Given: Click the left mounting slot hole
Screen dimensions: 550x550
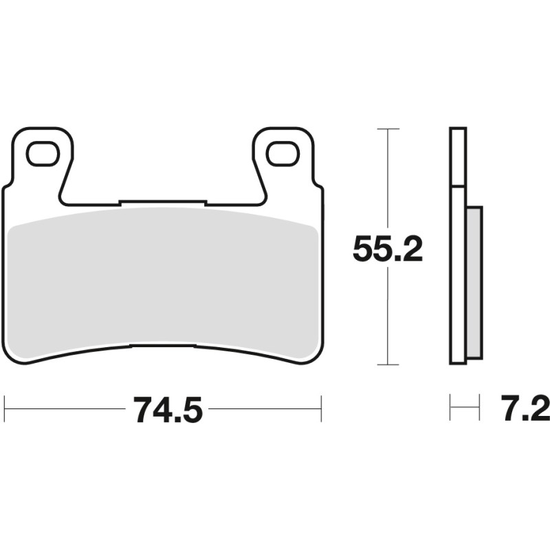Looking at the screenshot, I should coord(43,153).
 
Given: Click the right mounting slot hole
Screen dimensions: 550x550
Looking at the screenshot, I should coord(283,153).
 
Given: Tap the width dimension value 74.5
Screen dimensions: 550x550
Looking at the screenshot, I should coord(168,410).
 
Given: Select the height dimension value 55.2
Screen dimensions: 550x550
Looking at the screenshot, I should coord(387,249).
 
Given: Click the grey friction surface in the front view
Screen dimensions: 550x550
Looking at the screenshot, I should coord(163,282).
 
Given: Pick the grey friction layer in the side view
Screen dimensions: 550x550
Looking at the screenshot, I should coord(474,282).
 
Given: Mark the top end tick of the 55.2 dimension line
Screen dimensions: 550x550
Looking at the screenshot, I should coord(388,129).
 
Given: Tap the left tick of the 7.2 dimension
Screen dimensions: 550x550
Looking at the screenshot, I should coord(450,408).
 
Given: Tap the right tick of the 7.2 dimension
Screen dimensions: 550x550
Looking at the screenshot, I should coord(480,408).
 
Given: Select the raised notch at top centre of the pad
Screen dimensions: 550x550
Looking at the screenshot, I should coord(163,203).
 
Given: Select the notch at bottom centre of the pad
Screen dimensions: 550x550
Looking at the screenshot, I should coord(163,345).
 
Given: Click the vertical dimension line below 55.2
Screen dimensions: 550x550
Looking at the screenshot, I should coord(388,316).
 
